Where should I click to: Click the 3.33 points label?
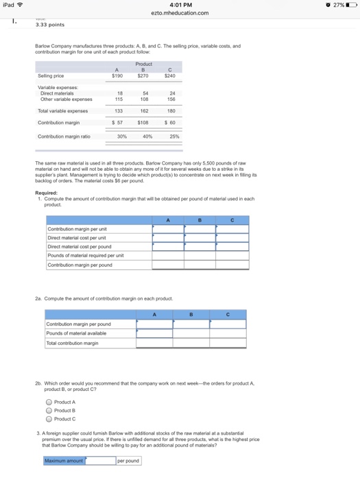50,25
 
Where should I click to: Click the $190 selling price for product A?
117,76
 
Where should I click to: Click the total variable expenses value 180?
171,110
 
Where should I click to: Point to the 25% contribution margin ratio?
173,136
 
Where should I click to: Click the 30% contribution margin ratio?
121,136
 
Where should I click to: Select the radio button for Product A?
49,402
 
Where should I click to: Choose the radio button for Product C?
49,418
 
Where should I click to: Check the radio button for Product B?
49,410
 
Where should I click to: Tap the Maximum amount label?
64,461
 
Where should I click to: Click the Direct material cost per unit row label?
77,237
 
